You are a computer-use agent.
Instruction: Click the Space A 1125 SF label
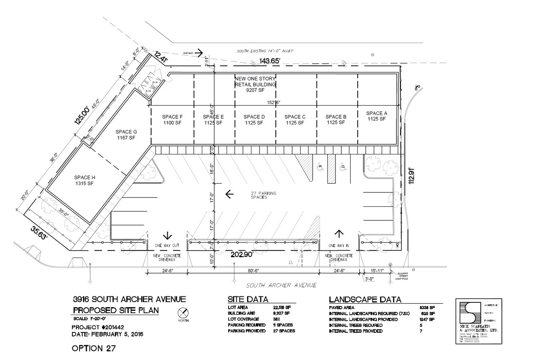[x=376, y=116]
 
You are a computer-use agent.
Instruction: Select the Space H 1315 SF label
[x=84, y=180]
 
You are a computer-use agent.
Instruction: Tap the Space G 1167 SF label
[x=126, y=134]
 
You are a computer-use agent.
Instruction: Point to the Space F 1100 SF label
[x=172, y=120]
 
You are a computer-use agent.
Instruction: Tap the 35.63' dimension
[x=40, y=232]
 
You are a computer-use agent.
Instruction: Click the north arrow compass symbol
[x=183, y=313]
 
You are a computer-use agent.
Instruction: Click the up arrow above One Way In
[x=339, y=234]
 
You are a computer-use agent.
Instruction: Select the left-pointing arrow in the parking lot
[x=229, y=194]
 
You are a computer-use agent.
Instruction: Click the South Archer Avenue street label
[x=281, y=285]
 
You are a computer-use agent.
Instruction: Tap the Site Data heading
[x=248, y=299]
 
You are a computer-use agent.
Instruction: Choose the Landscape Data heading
[x=365, y=299]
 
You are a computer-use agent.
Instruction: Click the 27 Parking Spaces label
[x=263, y=195]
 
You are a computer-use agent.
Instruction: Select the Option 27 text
[x=94, y=348]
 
